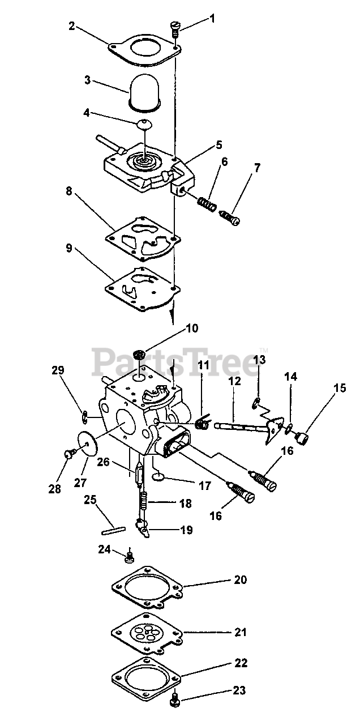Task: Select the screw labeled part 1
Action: pyautogui.click(x=175, y=27)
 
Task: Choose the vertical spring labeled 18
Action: pyautogui.click(x=144, y=500)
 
